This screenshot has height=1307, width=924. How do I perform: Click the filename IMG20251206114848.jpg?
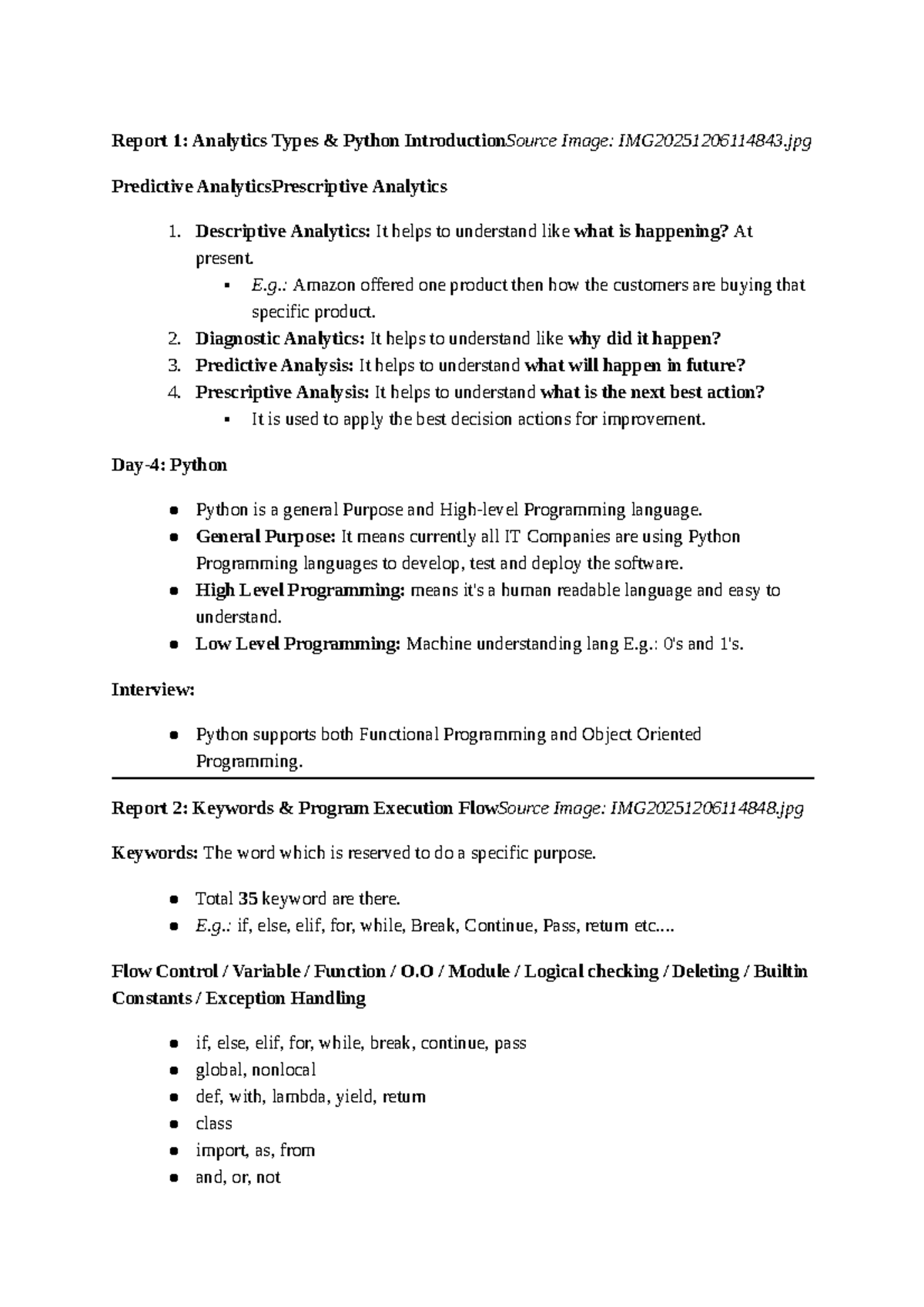coord(706,808)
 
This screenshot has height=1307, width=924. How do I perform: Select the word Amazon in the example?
coord(323,286)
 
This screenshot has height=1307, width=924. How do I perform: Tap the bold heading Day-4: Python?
coord(169,465)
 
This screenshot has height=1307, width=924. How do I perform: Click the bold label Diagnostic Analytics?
coord(280,339)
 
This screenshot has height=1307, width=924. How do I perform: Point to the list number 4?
coord(173,393)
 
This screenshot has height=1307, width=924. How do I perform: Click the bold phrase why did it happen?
coord(644,339)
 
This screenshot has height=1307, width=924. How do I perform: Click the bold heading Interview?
coord(153,690)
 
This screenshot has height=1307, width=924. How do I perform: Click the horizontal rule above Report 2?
coord(462,778)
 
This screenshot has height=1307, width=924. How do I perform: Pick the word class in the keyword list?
coord(214,1124)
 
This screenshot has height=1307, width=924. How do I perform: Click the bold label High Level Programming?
coord(300,590)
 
